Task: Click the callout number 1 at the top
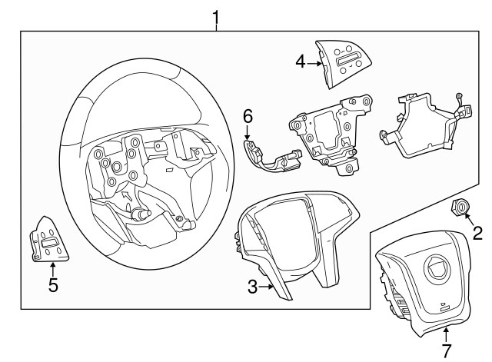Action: click(x=216, y=15)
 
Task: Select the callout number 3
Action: click(x=251, y=287)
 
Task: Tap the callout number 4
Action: click(x=301, y=63)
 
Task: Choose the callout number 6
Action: click(x=247, y=116)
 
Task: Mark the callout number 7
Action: click(x=446, y=350)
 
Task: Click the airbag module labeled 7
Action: click(x=424, y=284)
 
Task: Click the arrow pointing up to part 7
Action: click(x=446, y=333)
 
